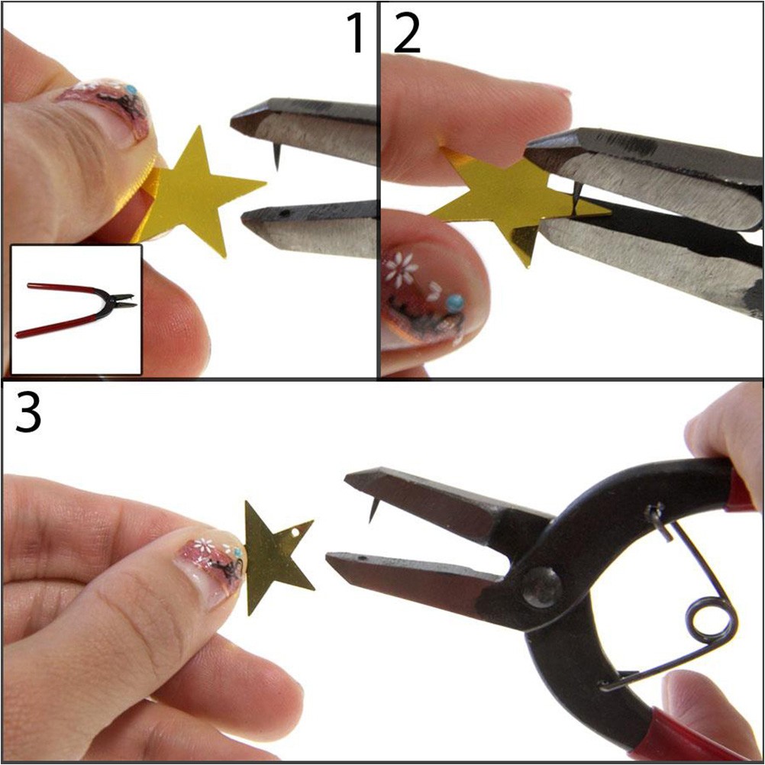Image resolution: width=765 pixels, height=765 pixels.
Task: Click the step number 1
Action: pyautogui.click(x=356, y=33)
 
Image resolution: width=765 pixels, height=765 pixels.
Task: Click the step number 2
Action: pyautogui.click(x=407, y=33)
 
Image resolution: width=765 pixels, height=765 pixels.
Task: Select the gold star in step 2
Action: pyautogui.click(x=517, y=202)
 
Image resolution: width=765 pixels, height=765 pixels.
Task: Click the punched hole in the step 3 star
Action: pyautogui.click(x=295, y=533)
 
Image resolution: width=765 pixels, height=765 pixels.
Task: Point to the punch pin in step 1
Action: pyautogui.click(x=276, y=157)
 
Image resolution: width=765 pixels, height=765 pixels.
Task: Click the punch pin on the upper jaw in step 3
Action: pyautogui.click(x=373, y=509)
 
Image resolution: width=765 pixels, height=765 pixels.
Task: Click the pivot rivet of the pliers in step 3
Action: pyautogui.click(x=541, y=587)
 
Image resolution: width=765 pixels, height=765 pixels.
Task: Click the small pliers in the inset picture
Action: pyautogui.click(x=76, y=309)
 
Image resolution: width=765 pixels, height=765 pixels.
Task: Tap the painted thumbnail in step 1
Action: pyautogui.click(x=110, y=110)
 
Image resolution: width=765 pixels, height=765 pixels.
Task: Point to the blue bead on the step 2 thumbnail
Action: pyautogui.click(x=455, y=303)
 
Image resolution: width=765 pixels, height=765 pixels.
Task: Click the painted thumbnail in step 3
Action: pyautogui.click(x=213, y=566)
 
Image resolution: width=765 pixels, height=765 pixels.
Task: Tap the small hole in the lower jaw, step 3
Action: pyautogui.click(x=362, y=557)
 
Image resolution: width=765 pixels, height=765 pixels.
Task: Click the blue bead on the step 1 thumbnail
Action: pyautogui.click(x=130, y=89)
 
